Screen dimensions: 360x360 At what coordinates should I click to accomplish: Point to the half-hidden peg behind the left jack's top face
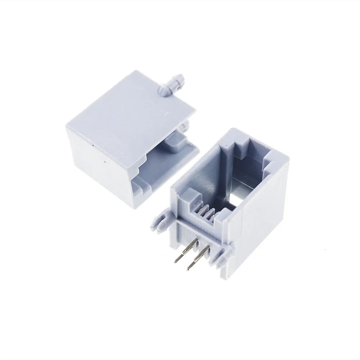pos(186,126)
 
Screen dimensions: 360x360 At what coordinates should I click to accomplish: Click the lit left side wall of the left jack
pos(97,162)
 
